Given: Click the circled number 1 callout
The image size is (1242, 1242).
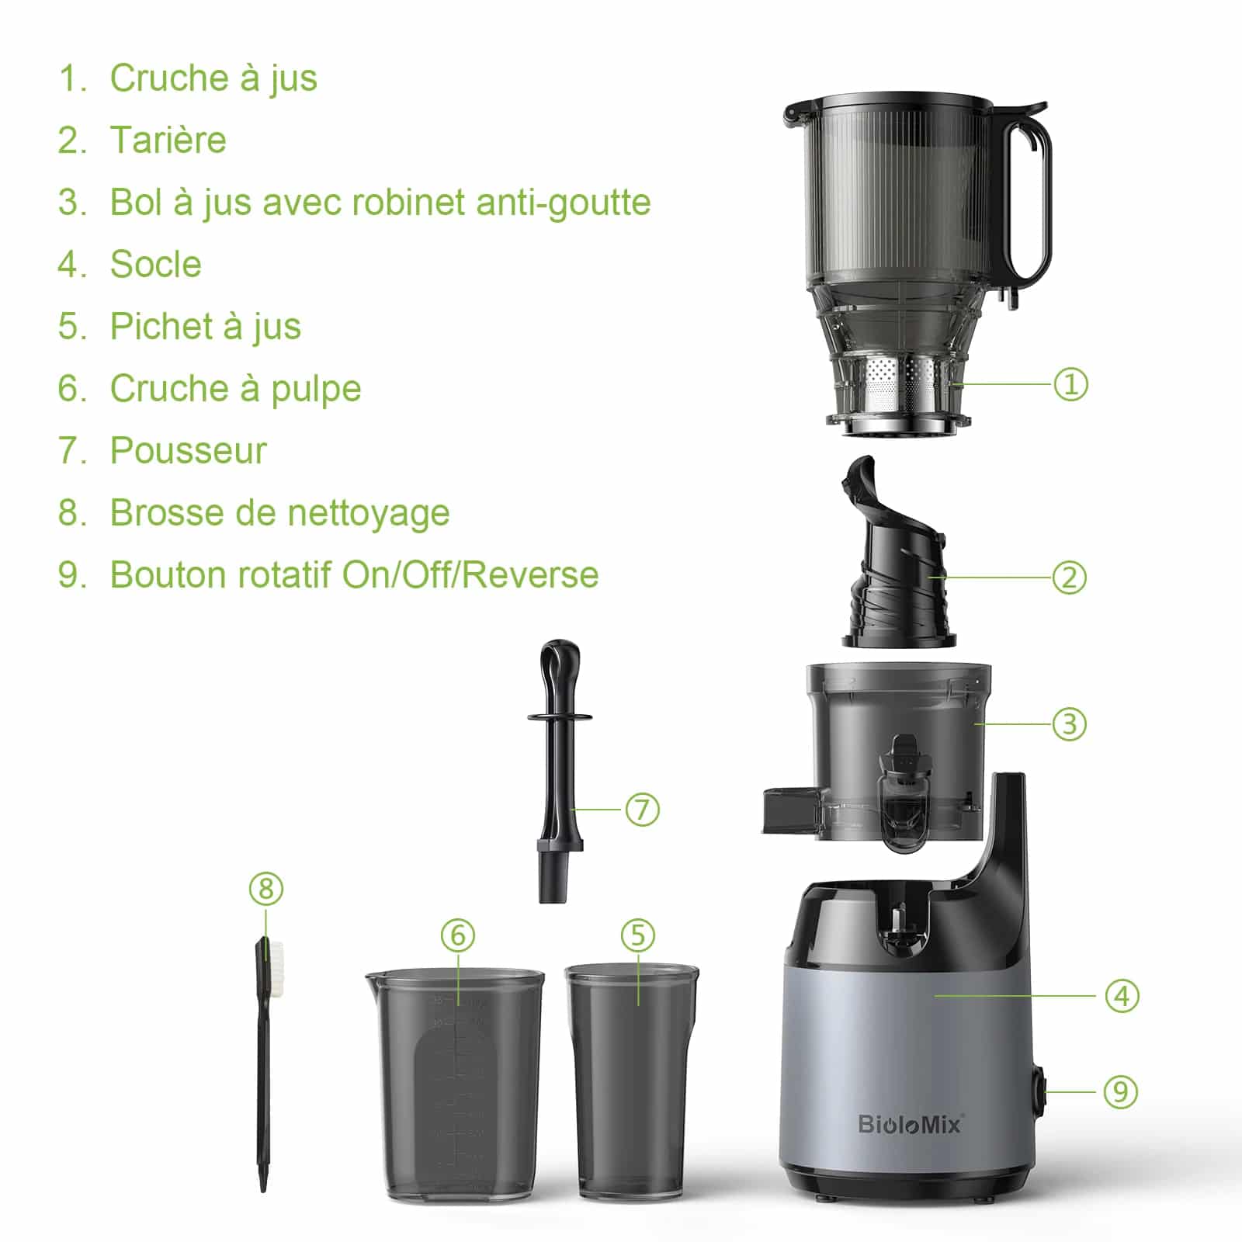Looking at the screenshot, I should point(1070,384).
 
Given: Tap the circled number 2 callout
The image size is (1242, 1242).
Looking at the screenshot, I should point(1070,578).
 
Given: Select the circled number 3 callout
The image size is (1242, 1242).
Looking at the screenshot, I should point(1070,724).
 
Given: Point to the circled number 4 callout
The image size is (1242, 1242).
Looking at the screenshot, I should point(1122,996).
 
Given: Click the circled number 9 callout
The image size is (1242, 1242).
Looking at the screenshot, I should point(1120,1092).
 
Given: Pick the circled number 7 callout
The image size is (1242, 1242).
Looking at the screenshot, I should point(642,810).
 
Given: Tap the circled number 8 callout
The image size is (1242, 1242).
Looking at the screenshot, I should point(266,889).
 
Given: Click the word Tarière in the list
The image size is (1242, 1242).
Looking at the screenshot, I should point(168,141).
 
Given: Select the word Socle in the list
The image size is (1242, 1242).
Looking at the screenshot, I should point(155,265).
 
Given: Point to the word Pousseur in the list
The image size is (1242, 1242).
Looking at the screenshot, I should point(188,451).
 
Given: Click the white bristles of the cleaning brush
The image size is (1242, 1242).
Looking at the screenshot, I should point(274,963).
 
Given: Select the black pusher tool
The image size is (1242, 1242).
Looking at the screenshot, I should point(558,776).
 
